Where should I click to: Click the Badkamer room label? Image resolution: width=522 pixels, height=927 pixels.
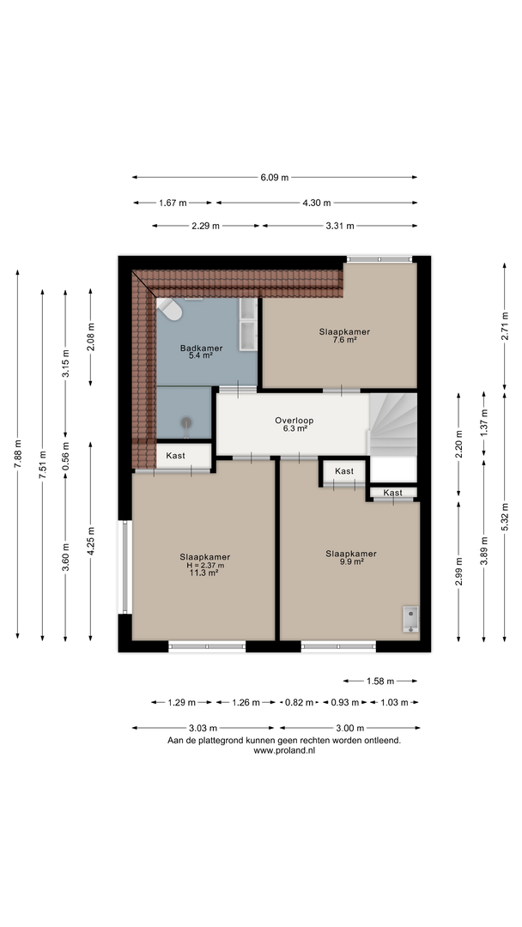(x=201, y=348)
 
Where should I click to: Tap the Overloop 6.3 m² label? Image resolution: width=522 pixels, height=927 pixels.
(x=294, y=425)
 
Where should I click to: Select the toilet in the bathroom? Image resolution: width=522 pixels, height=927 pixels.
(x=170, y=309)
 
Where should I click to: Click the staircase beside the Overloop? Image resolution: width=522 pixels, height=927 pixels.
(x=393, y=425)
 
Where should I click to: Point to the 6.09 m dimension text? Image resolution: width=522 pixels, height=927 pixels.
(x=274, y=178)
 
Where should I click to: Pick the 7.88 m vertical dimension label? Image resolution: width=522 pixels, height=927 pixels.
(x=18, y=454)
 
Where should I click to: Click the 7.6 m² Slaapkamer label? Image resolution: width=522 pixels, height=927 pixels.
(x=344, y=336)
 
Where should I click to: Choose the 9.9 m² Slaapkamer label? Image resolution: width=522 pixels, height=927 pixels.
(x=351, y=558)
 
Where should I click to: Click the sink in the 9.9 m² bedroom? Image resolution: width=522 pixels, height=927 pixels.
(x=410, y=619)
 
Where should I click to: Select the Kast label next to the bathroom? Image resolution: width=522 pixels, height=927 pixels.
(x=175, y=456)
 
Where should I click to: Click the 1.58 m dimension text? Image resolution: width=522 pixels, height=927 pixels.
(x=380, y=681)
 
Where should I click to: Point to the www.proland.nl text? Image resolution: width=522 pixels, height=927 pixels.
(x=284, y=750)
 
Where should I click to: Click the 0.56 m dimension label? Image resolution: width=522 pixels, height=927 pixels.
(x=65, y=457)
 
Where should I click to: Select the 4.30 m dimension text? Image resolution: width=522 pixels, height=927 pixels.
(x=317, y=203)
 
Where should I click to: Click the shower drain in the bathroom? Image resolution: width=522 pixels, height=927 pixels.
(x=187, y=422)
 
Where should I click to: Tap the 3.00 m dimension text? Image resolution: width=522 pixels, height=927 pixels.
(x=350, y=729)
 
